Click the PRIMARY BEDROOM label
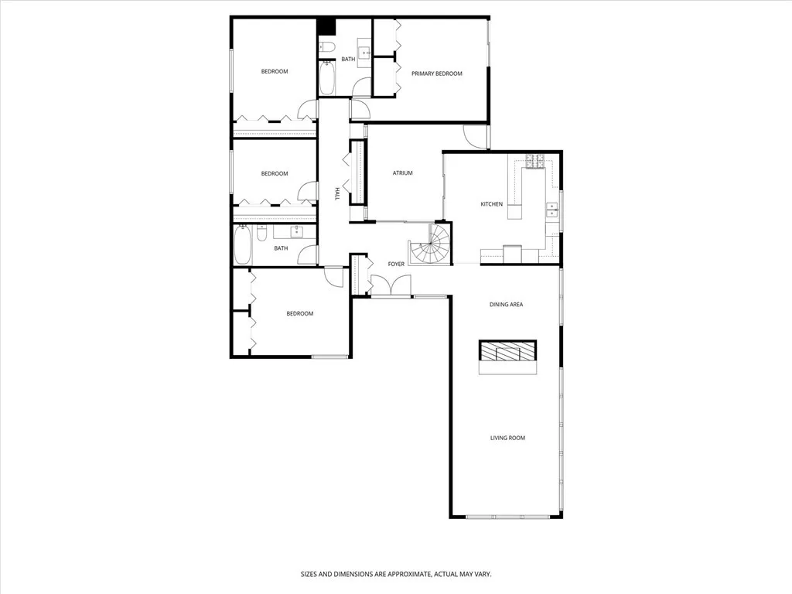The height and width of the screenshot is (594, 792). pyautogui.click(x=437, y=73)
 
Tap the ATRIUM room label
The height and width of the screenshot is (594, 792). pyautogui.click(x=402, y=173)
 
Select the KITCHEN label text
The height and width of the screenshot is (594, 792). pyautogui.click(x=492, y=204)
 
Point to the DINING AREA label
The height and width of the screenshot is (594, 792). pyautogui.click(x=507, y=305)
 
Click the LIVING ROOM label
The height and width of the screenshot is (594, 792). pyautogui.click(x=507, y=438)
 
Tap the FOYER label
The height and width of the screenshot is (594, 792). pyautogui.click(x=396, y=265)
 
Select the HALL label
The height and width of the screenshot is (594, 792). pyautogui.click(x=337, y=193)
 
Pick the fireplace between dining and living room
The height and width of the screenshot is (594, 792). pyautogui.click(x=507, y=352)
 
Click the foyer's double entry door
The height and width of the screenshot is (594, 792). pyautogui.click(x=391, y=286)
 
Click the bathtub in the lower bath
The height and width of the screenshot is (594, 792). pyautogui.click(x=242, y=245)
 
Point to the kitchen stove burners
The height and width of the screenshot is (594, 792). pyautogui.click(x=534, y=162)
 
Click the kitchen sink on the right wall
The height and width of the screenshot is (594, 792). pyautogui.click(x=552, y=207)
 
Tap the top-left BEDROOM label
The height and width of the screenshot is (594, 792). pyautogui.click(x=274, y=72)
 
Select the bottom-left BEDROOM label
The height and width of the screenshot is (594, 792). pyautogui.click(x=300, y=313)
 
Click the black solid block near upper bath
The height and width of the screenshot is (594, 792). pyautogui.click(x=327, y=26)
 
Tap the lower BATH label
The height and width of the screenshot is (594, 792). pyautogui.click(x=281, y=248)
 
